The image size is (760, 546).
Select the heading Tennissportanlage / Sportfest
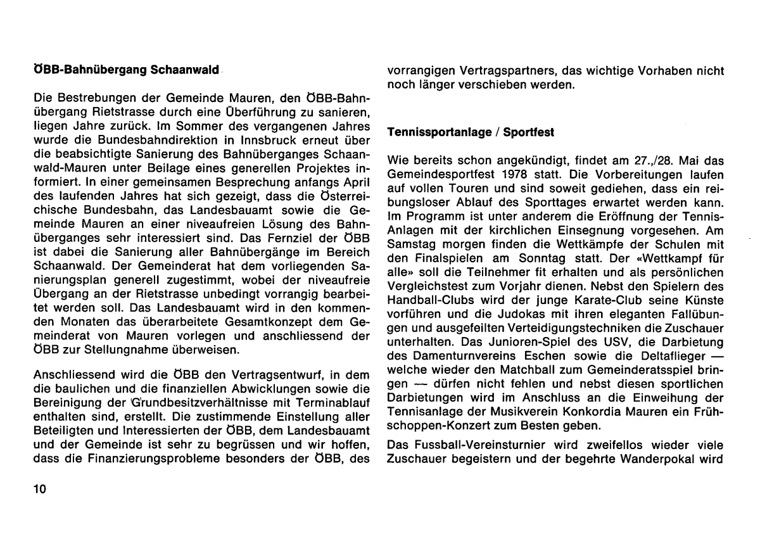pos(471,133)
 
